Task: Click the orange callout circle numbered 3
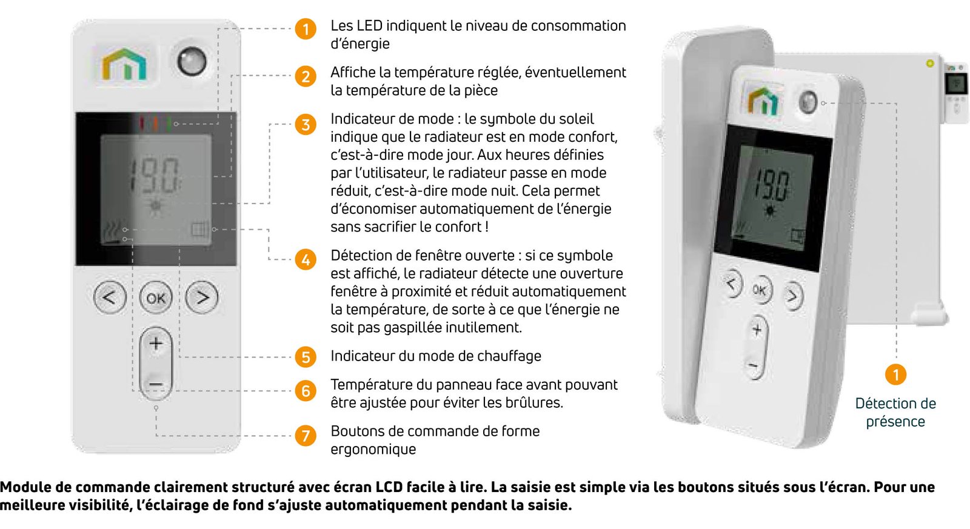(x=306, y=125)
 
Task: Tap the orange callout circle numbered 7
(x=306, y=436)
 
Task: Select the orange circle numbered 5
(x=306, y=357)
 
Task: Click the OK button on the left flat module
(x=156, y=298)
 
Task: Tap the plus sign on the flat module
(x=156, y=344)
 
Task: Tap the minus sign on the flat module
(x=156, y=385)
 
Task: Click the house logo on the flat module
(x=125, y=64)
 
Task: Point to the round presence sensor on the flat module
(x=192, y=61)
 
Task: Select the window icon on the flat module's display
(x=199, y=230)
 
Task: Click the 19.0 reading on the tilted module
(x=772, y=184)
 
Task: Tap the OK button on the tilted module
(x=760, y=290)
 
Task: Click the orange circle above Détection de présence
(x=895, y=374)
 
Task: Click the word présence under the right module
(x=895, y=422)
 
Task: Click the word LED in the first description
(x=369, y=26)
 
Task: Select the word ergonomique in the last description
(x=373, y=450)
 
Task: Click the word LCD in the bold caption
(x=389, y=487)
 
